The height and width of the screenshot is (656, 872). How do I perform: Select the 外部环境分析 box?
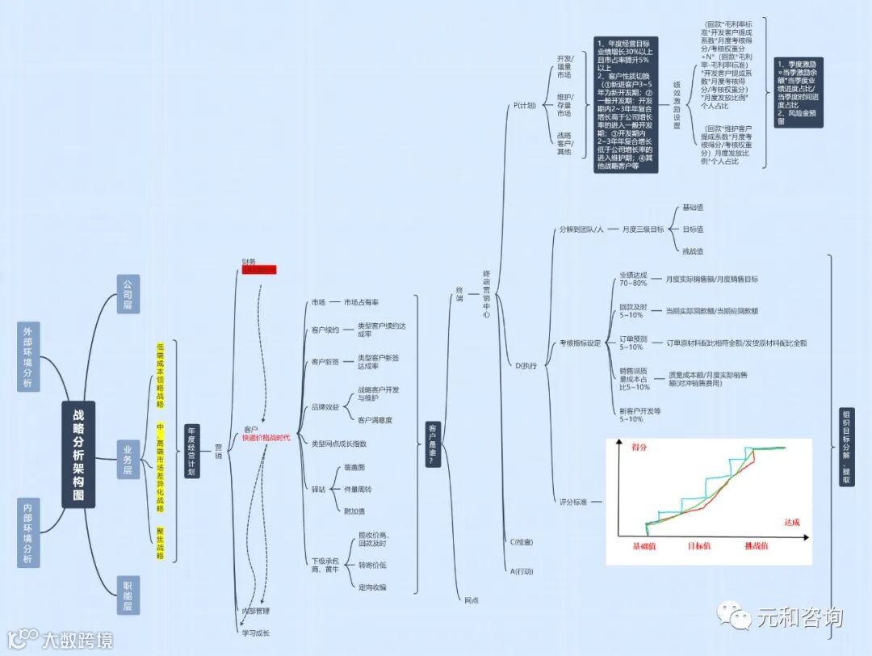(28, 356)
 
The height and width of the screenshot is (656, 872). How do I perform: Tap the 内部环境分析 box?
(28, 532)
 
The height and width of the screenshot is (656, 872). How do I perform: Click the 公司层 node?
(128, 294)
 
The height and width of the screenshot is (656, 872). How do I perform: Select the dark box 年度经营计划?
(191, 451)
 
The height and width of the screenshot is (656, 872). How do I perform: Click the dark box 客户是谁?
(433, 444)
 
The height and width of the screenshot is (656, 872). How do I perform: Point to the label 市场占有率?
(361, 302)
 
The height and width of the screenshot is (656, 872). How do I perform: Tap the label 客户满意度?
(375, 420)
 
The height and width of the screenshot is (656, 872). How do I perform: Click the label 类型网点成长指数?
(339, 444)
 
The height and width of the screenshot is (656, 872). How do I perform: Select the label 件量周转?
(357, 489)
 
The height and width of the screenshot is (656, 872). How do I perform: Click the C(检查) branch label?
(522, 541)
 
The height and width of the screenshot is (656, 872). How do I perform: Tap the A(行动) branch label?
(522, 571)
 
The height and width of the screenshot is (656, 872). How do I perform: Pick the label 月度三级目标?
(643, 229)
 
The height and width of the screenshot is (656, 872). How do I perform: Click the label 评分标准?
(573, 503)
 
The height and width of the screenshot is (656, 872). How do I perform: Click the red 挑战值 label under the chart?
(757, 546)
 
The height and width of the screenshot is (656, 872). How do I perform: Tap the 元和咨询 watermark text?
(799, 617)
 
